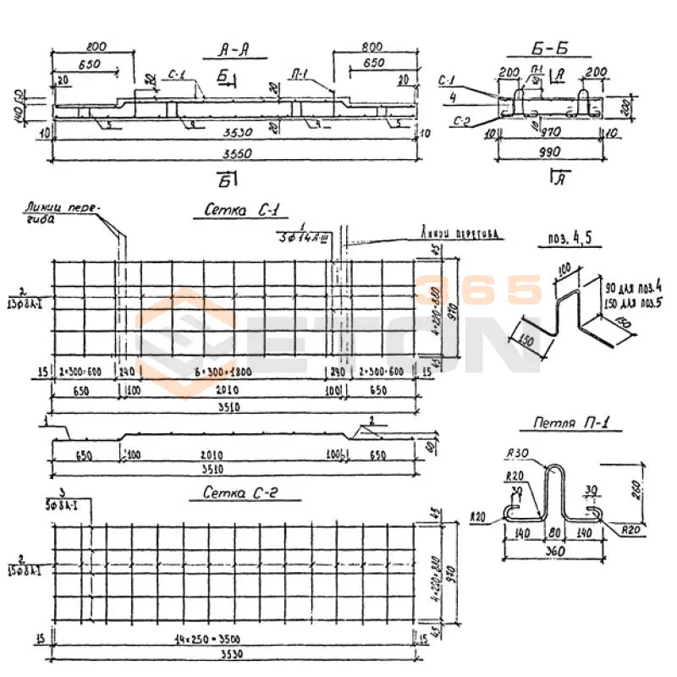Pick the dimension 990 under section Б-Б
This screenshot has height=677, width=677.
click(x=550, y=153)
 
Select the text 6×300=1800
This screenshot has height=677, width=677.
click(x=235, y=372)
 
